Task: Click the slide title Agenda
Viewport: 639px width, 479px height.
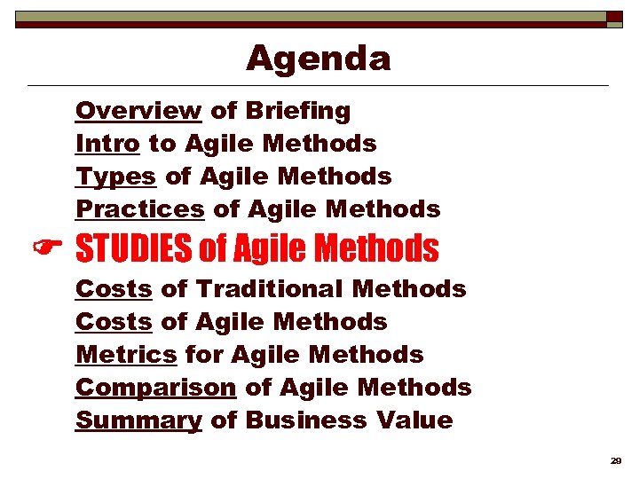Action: [318, 59]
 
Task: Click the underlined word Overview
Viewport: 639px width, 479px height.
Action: [138, 111]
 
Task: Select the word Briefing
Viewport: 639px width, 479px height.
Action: [297, 111]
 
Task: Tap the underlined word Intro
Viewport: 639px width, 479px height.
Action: [107, 144]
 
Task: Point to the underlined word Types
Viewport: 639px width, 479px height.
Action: [116, 177]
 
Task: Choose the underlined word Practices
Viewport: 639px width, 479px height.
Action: [140, 209]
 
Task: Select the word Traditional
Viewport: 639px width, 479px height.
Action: [270, 289]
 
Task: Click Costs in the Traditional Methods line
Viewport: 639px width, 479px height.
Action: [114, 289]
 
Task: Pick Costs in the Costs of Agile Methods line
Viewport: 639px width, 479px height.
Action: [114, 322]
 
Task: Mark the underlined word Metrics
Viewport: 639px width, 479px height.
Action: [126, 355]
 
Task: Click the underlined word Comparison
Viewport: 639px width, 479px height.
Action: [155, 388]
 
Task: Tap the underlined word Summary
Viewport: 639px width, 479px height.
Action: [138, 420]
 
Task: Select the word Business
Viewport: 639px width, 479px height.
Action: [305, 420]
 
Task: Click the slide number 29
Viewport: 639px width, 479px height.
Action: [616, 461]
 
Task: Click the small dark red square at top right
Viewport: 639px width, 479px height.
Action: [614, 17]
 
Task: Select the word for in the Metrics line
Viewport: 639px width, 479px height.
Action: [204, 355]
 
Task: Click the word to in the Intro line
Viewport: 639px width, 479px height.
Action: [161, 144]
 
